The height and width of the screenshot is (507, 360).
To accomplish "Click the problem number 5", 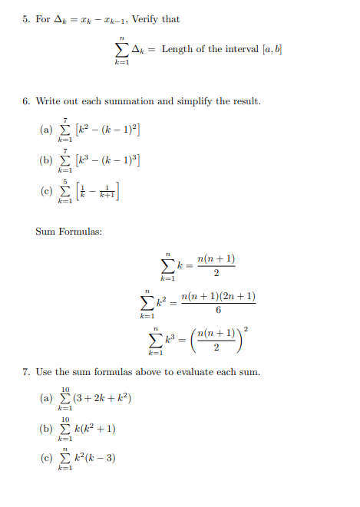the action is coord(25,18).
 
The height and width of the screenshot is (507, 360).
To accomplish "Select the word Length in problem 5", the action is coord(177,50).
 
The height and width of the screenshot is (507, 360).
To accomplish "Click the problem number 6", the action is coord(25,101).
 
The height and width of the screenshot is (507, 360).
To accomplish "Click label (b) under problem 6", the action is coord(45,160).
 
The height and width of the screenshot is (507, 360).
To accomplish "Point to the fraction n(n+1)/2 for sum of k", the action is coord(216,265).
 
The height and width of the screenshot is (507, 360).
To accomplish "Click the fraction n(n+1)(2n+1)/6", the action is coord(218,303).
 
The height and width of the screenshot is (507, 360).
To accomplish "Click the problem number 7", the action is coord(25,372).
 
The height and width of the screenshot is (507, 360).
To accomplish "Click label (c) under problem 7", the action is coord(45,459).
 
